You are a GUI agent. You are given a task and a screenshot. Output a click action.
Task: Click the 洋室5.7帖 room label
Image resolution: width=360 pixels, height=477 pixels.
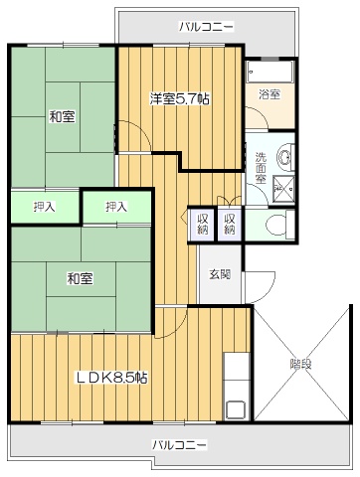click(179, 98)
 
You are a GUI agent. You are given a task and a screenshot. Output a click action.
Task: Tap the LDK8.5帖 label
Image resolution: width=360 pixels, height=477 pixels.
click(112, 377)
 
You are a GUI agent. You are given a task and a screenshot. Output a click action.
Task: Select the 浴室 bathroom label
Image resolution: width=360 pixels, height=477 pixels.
click(270, 94)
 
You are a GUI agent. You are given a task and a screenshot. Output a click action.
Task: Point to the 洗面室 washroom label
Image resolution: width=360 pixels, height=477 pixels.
click(261, 168)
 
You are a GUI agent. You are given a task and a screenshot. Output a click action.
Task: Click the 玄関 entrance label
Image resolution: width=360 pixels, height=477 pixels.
click(220, 274)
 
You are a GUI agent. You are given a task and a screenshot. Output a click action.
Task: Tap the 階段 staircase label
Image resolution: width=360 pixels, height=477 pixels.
click(301, 365)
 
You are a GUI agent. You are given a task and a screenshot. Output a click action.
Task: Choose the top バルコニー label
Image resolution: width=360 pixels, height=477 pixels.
click(206, 26)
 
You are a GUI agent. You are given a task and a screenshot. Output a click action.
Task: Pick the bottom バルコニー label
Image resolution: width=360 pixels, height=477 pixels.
click(180, 444)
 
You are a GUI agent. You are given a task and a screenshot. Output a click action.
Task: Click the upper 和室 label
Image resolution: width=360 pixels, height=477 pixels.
click(63, 116)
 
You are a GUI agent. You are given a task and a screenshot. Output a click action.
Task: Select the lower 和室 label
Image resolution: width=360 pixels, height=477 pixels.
click(81, 278)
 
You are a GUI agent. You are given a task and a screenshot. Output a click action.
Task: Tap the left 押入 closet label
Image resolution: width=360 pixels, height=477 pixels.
click(44, 207)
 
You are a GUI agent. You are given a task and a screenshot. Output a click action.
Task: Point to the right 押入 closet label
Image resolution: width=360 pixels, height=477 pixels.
click(116, 207)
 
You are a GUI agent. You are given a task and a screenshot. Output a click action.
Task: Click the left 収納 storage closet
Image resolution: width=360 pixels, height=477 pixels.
click(203, 224)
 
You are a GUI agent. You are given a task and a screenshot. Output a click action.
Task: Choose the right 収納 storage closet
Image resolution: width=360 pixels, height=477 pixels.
click(230, 224)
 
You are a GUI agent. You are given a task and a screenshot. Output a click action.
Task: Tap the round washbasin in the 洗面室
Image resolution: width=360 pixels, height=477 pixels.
click(284, 157)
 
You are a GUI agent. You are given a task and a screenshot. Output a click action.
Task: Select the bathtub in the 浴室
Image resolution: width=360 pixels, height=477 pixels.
click(270, 72)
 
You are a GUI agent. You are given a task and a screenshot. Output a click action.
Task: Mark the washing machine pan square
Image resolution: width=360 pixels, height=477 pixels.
click(283, 188)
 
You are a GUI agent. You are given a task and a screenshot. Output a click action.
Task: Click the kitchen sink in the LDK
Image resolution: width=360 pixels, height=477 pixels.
click(236, 410)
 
